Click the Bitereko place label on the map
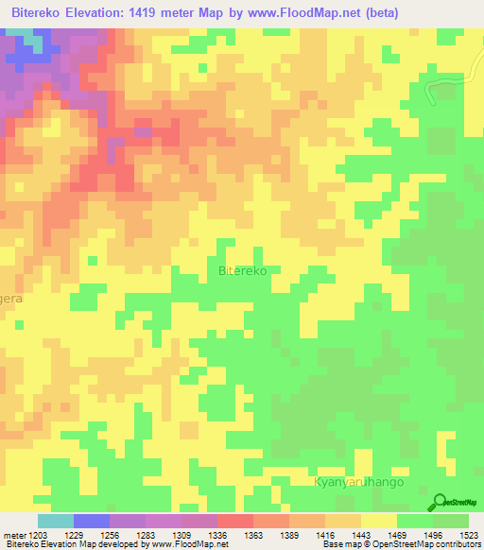click(243, 271)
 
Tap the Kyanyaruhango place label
click(358, 482)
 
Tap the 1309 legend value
click(199, 535)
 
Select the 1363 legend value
click(253, 535)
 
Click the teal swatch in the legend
click(56, 521)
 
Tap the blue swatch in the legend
click(92, 521)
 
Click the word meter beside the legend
click(13, 535)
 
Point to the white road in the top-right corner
click(444, 87)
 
